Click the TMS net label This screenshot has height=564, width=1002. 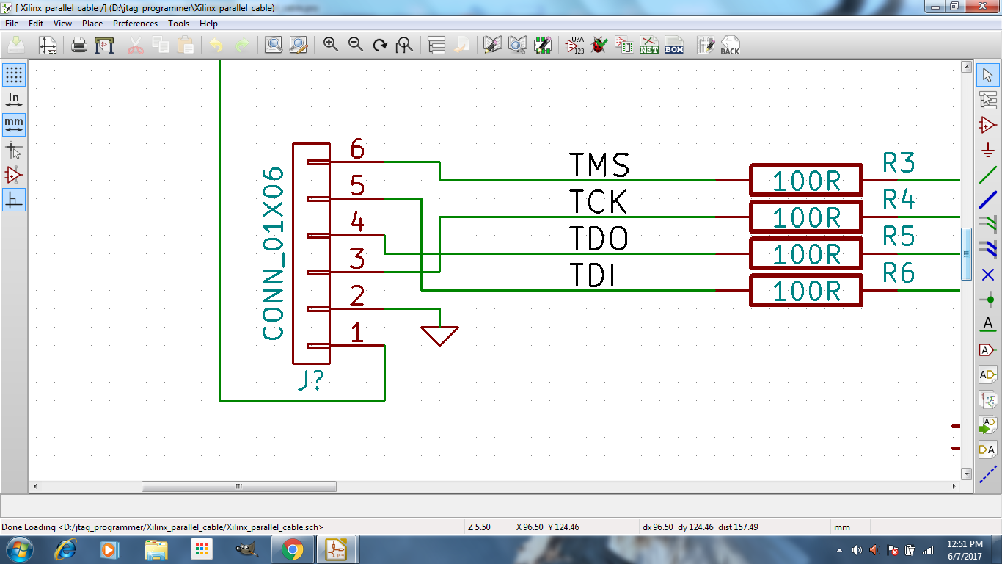(599, 165)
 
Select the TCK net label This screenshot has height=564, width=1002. (598, 202)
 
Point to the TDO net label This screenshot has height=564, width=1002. (599, 239)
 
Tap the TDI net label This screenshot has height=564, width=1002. (592, 276)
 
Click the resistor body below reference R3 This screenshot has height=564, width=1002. (805, 181)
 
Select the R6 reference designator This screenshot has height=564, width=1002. (899, 273)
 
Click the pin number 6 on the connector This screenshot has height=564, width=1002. (357, 149)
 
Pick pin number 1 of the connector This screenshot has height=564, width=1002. (357, 333)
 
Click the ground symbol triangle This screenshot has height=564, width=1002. (439, 335)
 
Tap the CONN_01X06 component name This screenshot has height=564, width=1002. (274, 253)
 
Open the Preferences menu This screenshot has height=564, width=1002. (135, 23)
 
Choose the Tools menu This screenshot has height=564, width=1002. (178, 23)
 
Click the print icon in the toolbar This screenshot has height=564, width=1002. (79, 45)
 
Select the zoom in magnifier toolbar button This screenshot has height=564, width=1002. (331, 45)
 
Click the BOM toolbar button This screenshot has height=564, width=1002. (673, 45)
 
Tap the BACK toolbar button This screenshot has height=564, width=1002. (730, 45)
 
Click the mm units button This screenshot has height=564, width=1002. (14, 123)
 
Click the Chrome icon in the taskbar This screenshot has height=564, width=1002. (292, 549)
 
